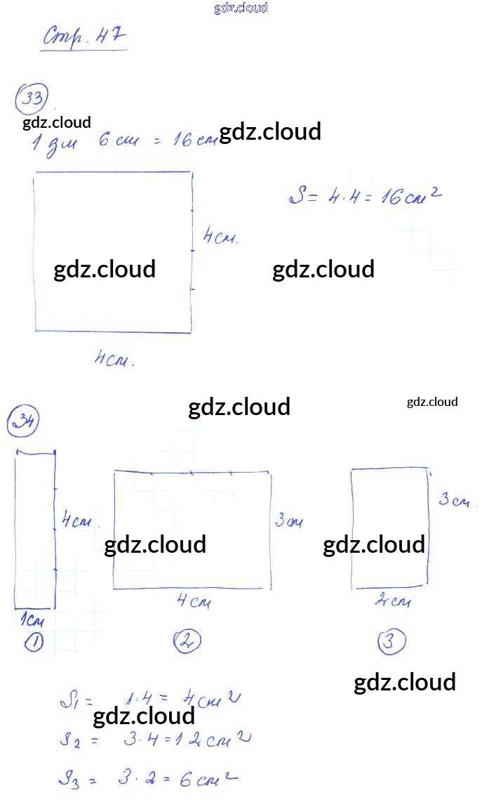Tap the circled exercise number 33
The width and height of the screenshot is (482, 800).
point(32,98)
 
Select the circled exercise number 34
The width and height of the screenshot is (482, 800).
point(23,422)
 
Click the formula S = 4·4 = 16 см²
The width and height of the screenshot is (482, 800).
point(366,196)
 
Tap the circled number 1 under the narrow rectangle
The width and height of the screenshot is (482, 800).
point(34,641)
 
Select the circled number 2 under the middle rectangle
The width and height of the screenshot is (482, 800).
point(187,641)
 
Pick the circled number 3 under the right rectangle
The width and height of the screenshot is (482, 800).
point(391,641)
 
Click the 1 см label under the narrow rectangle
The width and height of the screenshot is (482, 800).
point(32,620)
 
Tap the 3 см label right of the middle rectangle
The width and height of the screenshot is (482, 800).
point(289,520)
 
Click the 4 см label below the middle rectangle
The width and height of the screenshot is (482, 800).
point(193,601)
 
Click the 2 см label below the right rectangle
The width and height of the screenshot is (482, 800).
point(392,601)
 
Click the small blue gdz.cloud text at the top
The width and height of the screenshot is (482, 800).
point(241,8)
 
